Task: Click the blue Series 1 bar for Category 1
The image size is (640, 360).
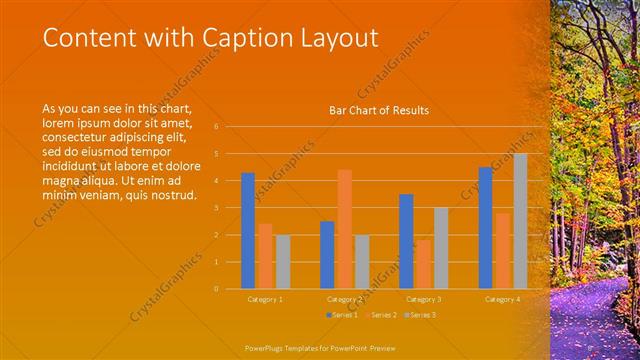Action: (248, 231)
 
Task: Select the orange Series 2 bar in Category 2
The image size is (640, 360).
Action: (344, 229)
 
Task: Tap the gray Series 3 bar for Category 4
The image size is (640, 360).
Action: (520, 221)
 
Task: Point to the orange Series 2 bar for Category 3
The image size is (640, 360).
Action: (423, 264)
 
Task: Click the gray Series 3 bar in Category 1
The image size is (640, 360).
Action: (283, 262)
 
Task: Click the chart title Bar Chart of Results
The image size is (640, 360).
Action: (379, 110)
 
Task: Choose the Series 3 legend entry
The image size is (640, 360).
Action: (420, 315)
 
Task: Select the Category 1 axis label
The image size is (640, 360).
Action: (265, 299)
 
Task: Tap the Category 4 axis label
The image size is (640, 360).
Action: (502, 299)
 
